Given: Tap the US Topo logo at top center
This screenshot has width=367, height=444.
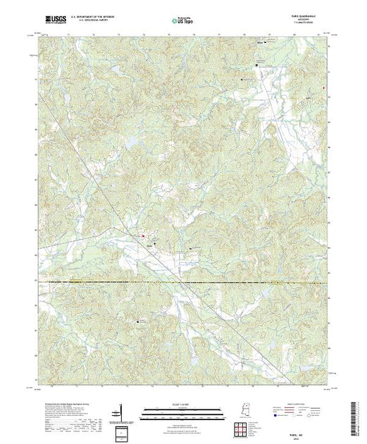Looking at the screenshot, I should (183, 21).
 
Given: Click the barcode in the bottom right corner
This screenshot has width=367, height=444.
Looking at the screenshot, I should (359, 416).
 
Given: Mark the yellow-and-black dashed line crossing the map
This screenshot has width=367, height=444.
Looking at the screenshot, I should (183, 283).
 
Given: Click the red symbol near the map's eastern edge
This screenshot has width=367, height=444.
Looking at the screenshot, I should (323, 88).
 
